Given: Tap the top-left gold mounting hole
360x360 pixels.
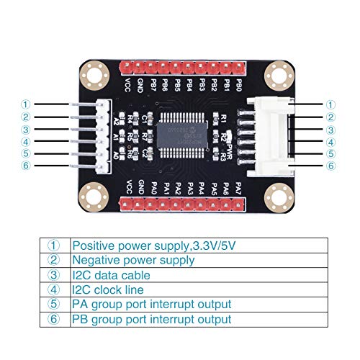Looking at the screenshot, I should (92, 74).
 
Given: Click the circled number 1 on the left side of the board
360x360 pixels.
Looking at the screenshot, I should (26, 104).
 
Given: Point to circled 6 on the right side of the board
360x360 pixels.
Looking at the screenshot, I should (331, 166).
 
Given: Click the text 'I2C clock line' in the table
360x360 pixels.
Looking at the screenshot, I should (108, 289).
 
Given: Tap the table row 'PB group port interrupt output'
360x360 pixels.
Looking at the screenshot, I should (151, 318).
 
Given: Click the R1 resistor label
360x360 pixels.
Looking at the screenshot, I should (224, 117).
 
